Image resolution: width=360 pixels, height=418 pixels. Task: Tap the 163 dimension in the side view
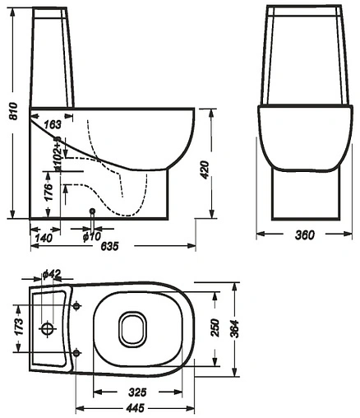pos(52,124)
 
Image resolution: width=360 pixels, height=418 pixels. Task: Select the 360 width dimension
pos(303,236)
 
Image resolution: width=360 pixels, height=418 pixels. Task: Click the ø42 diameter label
pos(52,273)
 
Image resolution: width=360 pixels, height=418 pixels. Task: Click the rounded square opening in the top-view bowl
pos(132,330)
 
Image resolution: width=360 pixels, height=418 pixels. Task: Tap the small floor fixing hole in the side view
pos(92,212)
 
